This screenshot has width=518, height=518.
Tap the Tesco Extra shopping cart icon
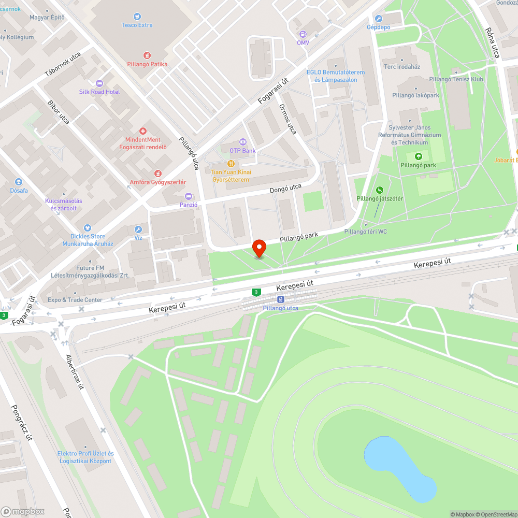[137, 17]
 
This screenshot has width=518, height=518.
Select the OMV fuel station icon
[303, 34]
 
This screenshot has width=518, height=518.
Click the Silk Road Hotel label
[99, 92]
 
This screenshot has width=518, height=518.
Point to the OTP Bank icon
[242, 142]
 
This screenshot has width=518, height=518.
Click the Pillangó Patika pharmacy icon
[147, 55]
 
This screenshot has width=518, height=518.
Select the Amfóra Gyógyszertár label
[158, 182]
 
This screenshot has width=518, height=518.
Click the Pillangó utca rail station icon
[280, 299]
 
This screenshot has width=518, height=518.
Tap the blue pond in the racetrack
[399, 466]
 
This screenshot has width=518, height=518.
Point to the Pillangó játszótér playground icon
[379, 190]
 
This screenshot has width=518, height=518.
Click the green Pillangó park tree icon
[418, 156]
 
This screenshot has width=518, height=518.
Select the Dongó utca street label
[285, 189]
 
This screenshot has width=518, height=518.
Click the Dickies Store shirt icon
[88, 227]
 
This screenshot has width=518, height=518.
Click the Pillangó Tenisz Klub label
[456, 79]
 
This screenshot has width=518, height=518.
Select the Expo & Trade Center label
[75, 300]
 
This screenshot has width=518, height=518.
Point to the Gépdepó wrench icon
[378, 18]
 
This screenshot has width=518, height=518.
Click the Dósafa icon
[19, 182]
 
